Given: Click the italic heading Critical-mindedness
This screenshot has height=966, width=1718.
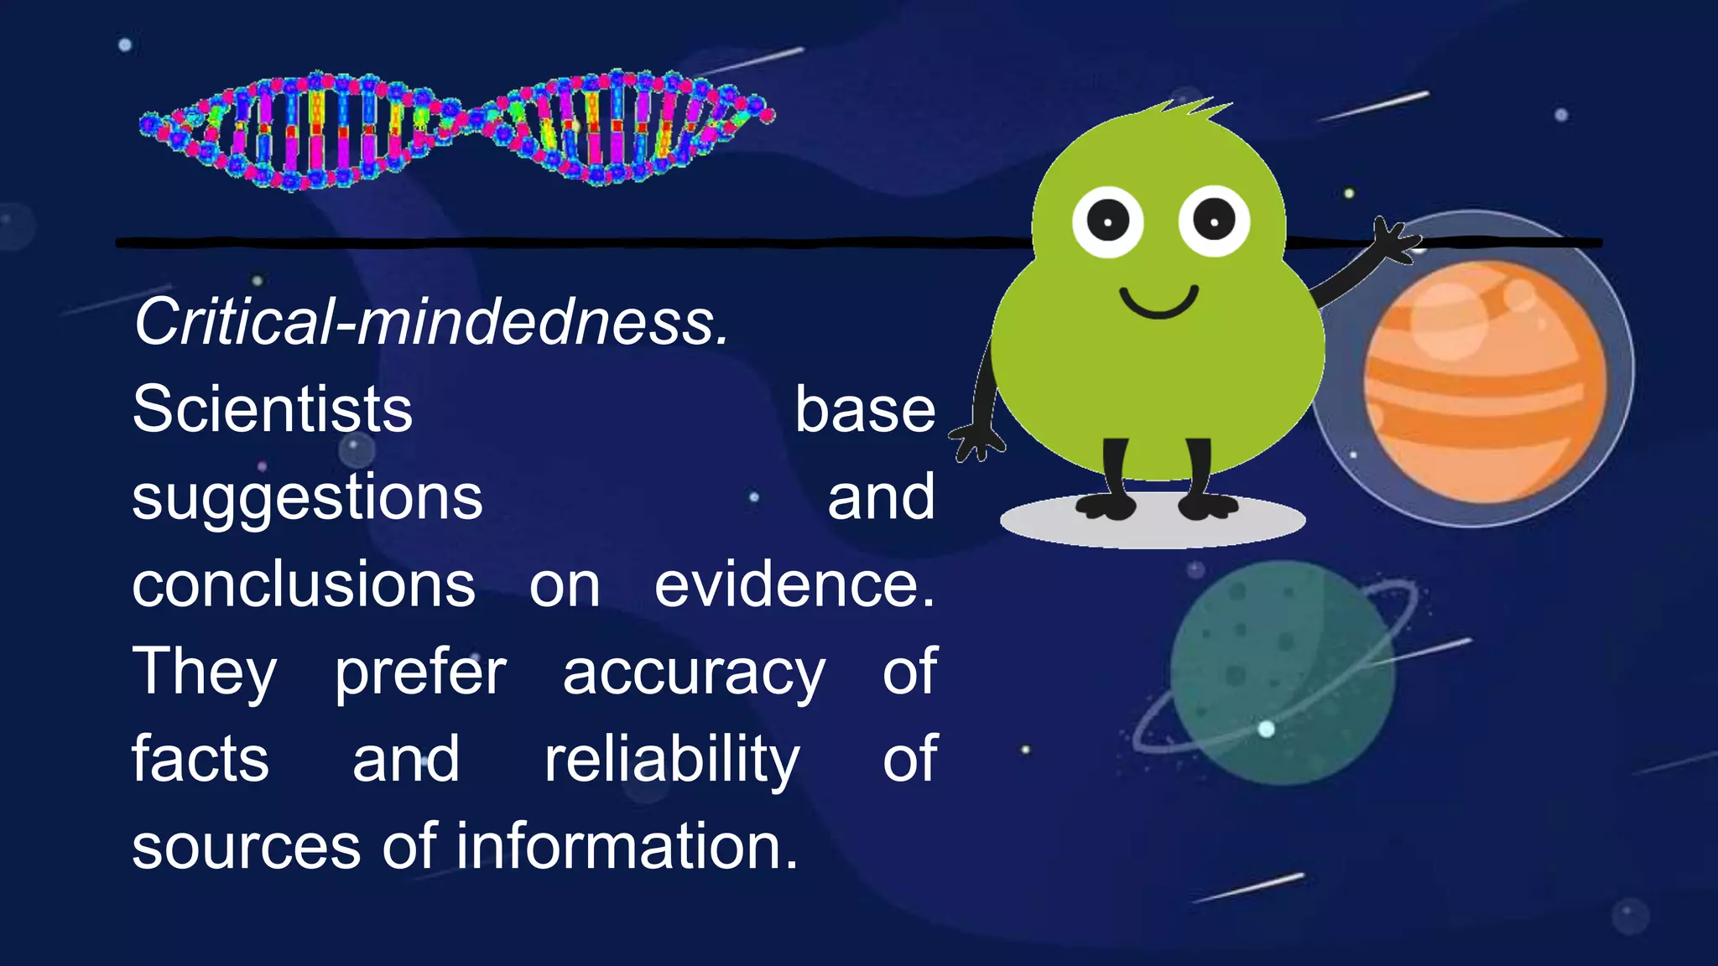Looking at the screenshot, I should point(431,323).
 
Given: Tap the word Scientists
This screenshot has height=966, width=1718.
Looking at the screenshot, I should point(273,410).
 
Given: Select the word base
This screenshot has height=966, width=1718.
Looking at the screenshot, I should point(865,410).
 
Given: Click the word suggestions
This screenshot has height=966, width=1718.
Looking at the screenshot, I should point(307,499).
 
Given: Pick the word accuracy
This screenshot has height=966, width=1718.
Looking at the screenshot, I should point(694,674).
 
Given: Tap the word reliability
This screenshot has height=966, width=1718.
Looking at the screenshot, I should point(672,760).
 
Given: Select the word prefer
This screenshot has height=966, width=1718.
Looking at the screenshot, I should point(420,674).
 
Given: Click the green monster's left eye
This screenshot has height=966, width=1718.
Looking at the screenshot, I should point(1107,222).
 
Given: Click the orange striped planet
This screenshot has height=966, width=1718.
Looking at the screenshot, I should point(1485,382).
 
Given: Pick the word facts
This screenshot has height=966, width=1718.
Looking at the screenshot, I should point(200,760).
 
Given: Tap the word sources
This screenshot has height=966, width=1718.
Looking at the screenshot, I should point(247,847).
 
